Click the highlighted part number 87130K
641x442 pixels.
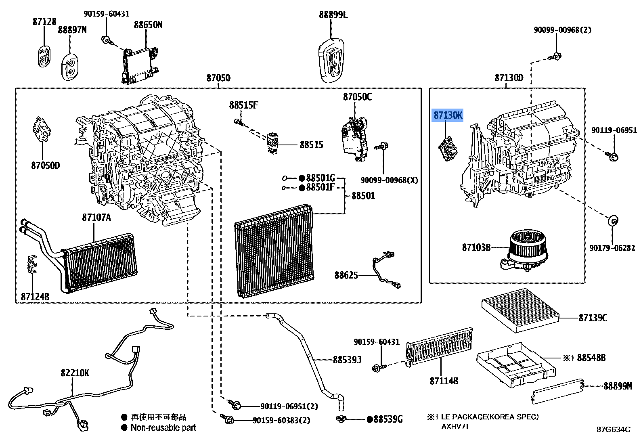[448, 115]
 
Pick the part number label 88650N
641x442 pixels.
[148, 25]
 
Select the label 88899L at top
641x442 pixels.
[333, 15]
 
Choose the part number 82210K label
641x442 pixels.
[75, 373]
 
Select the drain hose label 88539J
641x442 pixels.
[347, 359]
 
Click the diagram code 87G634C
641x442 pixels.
[614, 429]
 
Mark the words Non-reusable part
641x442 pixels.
[163, 427]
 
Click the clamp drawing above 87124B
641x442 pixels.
[32, 264]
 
